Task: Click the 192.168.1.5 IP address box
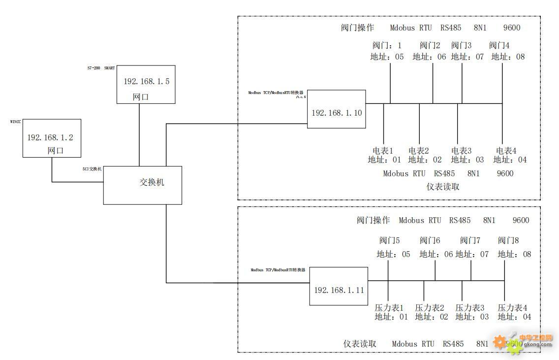pyautogui.click(x=146, y=84)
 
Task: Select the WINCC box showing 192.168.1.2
pyautogui.click(x=52, y=138)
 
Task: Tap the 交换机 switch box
pyautogui.click(x=142, y=185)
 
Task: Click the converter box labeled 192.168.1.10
pyautogui.click(x=337, y=109)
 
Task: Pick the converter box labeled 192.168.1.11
pyautogui.click(x=339, y=286)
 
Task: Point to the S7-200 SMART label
pyautogui.click(x=101, y=68)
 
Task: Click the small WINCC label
pyautogui.click(x=15, y=121)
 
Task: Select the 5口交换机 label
pyautogui.click(x=92, y=169)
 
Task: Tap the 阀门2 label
pyautogui.click(x=430, y=45)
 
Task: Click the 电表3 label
pyautogui.click(x=462, y=150)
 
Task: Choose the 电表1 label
pyautogui.click(x=383, y=150)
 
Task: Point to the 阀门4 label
pyautogui.click(x=499, y=45)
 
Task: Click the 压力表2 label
pyautogui.click(x=429, y=307)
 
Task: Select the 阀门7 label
pyautogui.click(x=470, y=240)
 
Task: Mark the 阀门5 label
pyautogui.click(x=389, y=240)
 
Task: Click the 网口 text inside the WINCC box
pyautogui.click(x=56, y=151)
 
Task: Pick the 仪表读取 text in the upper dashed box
pyautogui.click(x=443, y=187)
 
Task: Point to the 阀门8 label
pyautogui.click(x=508, y=240)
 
